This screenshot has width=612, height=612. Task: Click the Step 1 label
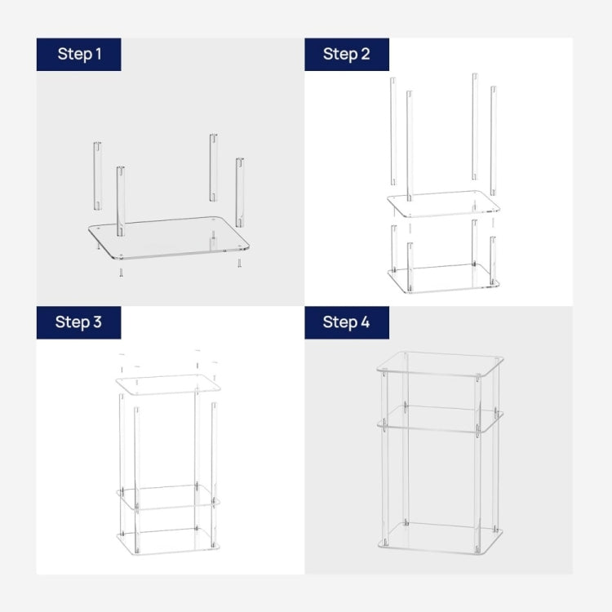pos(79,54)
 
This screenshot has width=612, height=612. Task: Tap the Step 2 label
pos(347,54)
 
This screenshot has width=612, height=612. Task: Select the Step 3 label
pos(78,322)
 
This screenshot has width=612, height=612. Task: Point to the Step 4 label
pos(346,322)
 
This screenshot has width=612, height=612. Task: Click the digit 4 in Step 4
pos(365,322)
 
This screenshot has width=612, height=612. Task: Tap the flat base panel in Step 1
pos(169,237)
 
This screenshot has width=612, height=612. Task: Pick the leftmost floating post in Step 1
pos(97,176)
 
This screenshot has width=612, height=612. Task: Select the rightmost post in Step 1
pos(240,193)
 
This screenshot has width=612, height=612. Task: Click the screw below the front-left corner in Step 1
pos(121,273)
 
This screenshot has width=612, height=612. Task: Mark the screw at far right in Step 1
pos(239,264)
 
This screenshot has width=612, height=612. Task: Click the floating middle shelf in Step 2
pos(443,204)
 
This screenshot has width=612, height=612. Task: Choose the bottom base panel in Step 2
pos(444,279)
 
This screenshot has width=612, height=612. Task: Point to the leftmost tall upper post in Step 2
pos(393,131)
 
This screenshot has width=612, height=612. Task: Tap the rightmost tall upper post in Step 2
pos(494,140)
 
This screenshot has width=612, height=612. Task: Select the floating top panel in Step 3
pos(168,385)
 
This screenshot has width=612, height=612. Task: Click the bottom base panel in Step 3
pos(168,541)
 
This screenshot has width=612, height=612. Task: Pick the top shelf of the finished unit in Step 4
pos(441,364)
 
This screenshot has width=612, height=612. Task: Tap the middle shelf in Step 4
pos(441,419)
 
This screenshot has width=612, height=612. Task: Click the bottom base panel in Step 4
pos(441,539)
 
